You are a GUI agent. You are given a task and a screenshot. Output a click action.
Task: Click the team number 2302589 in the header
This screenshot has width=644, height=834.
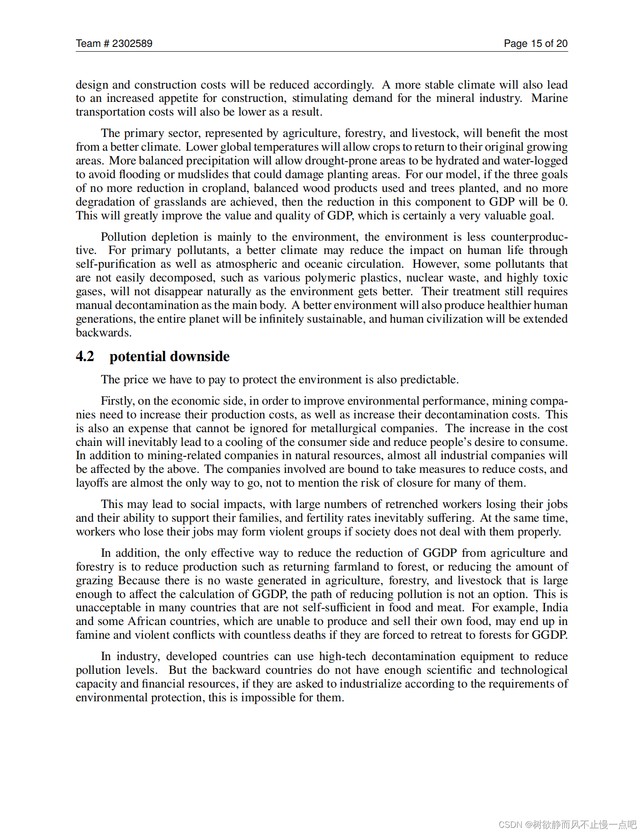coord(132,44)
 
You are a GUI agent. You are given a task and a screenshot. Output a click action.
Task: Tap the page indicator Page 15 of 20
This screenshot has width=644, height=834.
coord(535,44)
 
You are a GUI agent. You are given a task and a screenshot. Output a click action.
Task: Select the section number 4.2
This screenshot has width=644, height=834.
coord(85,356)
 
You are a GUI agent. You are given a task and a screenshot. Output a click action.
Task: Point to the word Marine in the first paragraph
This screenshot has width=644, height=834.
coord(549,98)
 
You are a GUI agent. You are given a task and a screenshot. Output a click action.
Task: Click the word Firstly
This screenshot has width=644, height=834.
coord(117,401)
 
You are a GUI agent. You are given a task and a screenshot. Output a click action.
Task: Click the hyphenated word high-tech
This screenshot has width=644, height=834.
coord(342,656)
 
